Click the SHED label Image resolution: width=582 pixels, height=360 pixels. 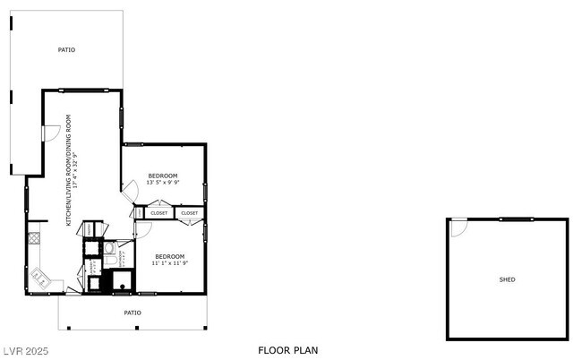(x=507, y=279)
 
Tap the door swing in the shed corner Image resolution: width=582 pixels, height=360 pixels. (x=458, y=227)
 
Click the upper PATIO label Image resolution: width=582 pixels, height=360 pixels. (x=66, y=50)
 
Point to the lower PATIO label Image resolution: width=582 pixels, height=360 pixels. (x=133, y=313)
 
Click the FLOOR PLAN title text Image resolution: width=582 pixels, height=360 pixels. (x=287, y=350)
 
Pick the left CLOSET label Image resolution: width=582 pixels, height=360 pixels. (x=159, y=213)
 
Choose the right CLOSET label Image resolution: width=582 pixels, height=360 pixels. (x=190, y=213)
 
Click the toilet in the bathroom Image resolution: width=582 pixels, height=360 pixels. (x=108, y=248)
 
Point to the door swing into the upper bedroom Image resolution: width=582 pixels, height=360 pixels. (x=130, y=191)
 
